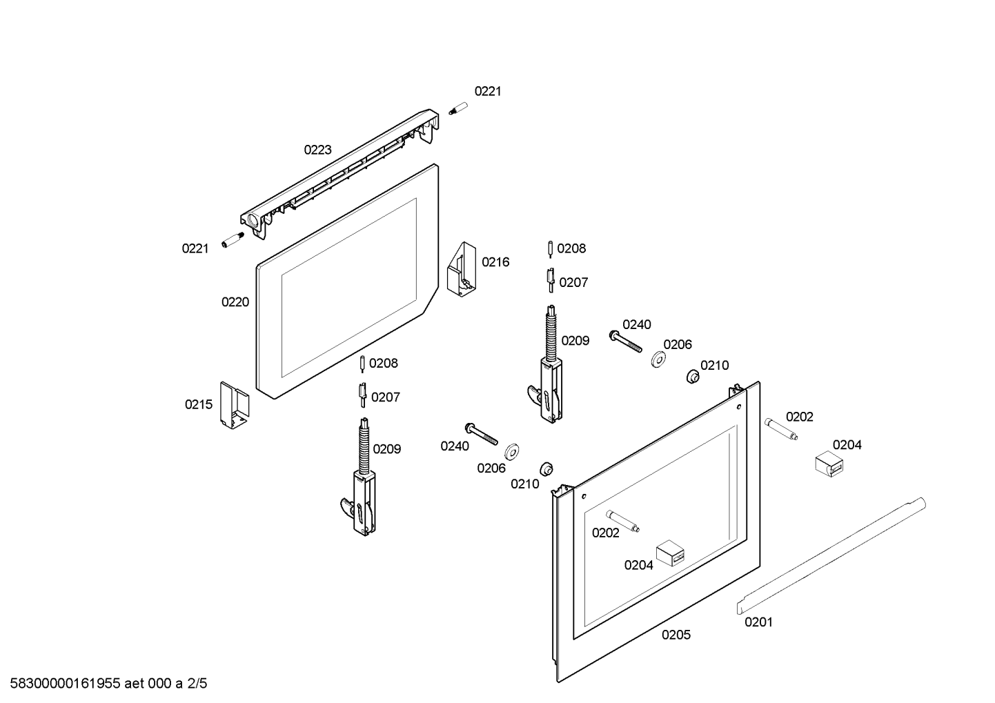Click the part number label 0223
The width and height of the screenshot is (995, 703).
[x=317, y=150]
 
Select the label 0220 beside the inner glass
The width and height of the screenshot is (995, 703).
[x=235, y=302]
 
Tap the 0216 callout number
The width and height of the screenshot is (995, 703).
[x=495, y=262]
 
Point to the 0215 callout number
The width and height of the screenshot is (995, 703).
[x=198, y=405]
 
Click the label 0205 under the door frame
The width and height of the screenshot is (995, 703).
[x=676, y=635]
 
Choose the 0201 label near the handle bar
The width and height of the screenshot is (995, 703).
[x=758, y=622]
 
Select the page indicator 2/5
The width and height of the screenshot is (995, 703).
[x=197, y=684]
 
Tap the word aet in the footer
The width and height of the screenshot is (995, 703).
[x=135, y=684]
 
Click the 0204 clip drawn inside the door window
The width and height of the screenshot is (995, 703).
[x=670, y=553]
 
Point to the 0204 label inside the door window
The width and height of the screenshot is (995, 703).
[x=638, y=566]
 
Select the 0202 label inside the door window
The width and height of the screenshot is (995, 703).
[x=605, y=533]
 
